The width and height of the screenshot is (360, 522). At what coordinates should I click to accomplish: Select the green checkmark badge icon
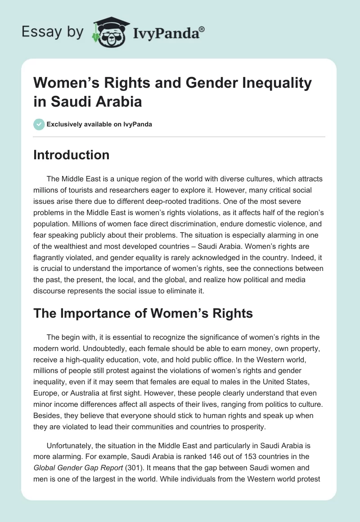pyautogui.click(x=39, y=124)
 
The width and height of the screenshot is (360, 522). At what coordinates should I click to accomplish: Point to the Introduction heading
pyautogui.click(x=72, y=155)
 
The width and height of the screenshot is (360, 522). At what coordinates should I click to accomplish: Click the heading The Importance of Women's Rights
pyautogui.click(x=143, y=313)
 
